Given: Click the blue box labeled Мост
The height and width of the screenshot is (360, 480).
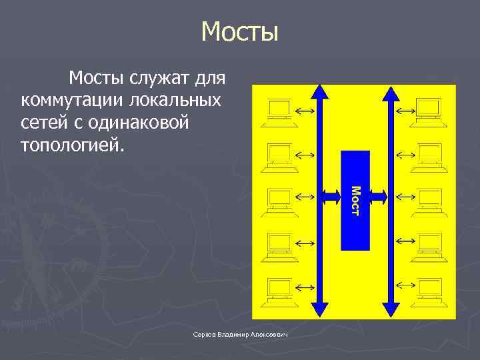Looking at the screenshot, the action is pyautogui.click(x=355, y=200).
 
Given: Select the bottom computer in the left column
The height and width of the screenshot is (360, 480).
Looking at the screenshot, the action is pyautogui.click(x=279, y=288).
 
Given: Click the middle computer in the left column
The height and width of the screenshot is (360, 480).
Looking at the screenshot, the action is pyautogui.click(x=279, y=199).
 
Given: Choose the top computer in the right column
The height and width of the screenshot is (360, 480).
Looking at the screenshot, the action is pyautogui.click(x=427, y=110).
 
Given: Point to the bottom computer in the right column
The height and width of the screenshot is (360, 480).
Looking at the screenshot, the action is pyautogui.click(x=427, y=288).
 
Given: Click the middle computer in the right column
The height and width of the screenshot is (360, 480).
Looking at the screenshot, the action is pyautogui.click(x=427, y=199).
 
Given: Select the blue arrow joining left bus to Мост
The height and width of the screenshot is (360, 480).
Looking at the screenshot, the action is pyautogui.click(x=331, y=196).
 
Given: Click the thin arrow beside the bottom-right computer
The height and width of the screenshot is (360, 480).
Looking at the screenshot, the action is pyautogui.click(x=405, y=285).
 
